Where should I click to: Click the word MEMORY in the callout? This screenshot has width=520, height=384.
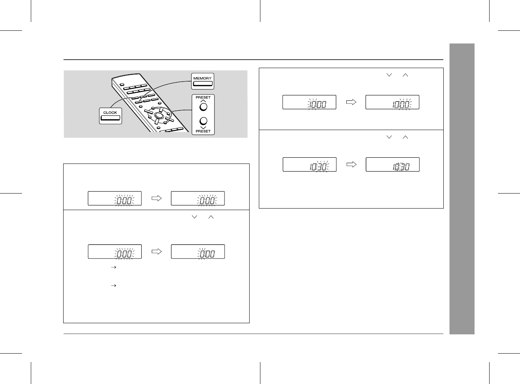click(x=202, y=78)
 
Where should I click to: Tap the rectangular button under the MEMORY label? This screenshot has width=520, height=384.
click(x=203, y=83)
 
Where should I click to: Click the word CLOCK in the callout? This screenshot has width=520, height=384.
click(x=110, y=112)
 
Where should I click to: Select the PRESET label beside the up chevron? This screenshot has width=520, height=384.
click(x=203, y=97)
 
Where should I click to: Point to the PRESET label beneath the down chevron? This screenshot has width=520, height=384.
click(x=203, y=131)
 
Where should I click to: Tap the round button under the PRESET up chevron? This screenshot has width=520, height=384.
click(x=203, y=107)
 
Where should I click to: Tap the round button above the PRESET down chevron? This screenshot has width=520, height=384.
click(x=203, y=121)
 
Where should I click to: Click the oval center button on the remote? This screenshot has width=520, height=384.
click(x=158, y=115)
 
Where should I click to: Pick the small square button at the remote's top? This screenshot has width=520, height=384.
click(x=122, y=85)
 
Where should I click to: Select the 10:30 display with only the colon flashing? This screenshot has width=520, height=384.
click(x=393, y=164)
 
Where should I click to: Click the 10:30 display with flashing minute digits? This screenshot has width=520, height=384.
click(x=309, y=164)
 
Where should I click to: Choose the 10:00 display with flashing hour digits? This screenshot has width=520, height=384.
click(x=309, y=102)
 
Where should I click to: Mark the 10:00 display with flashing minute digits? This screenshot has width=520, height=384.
click(x=393, y=102)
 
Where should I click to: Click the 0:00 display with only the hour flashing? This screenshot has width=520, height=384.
click(x=198, y=251)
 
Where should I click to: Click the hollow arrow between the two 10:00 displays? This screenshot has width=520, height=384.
click(x=351, y=102)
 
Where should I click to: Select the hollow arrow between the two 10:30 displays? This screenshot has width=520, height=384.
click(x=351, y=164)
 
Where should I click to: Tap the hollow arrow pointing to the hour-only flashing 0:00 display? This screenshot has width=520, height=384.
click(x=157, y=251)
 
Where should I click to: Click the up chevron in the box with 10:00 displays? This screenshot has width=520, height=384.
click(x=405, y=75)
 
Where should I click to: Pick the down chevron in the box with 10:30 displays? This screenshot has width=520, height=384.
click(x=389, y=137)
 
